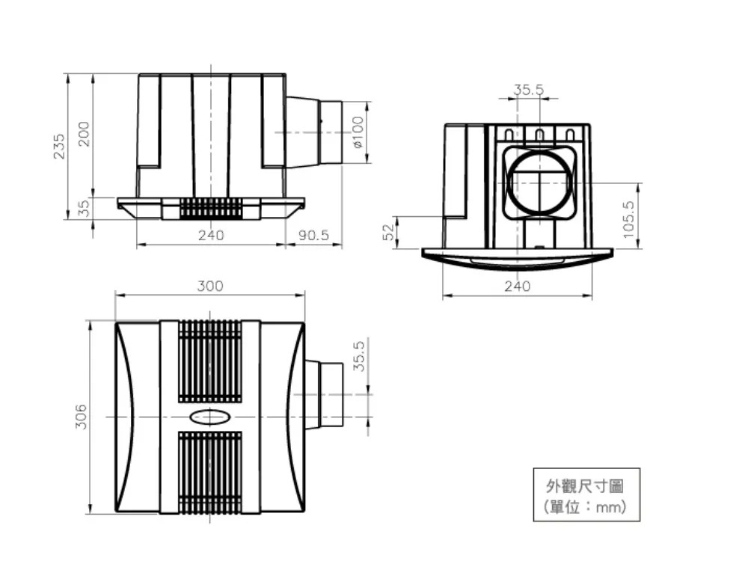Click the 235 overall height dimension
(x=59, y=145)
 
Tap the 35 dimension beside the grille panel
(x=84, y=208)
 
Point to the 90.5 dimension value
(x=314, y=235)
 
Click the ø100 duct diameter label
(x=358, y=132)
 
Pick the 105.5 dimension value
(x=628, y=219)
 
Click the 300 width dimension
(x=210, y=286)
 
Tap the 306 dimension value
(x=81, y=417)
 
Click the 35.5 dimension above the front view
(x=529, y=90)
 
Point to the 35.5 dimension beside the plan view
(x=359, y=356)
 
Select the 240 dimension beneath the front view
(x=517, y=286)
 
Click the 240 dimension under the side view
(x=211, y=235)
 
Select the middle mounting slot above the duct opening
(x=539, y=135)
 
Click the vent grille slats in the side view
(x=211, y=209)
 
